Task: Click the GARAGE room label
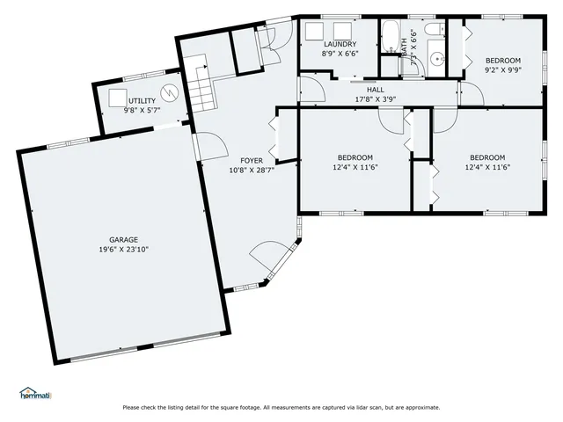(123, 239)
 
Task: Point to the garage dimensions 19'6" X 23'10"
(123, 249)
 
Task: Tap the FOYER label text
(240, 161)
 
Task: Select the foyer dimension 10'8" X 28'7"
(240, 170)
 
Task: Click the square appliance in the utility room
(117, 97)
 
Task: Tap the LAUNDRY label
(339, 44)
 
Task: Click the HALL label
(376, 89)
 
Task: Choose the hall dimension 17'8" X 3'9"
(376, 98)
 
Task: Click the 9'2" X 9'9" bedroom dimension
(503, 70)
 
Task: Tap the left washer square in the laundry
(312, 33)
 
